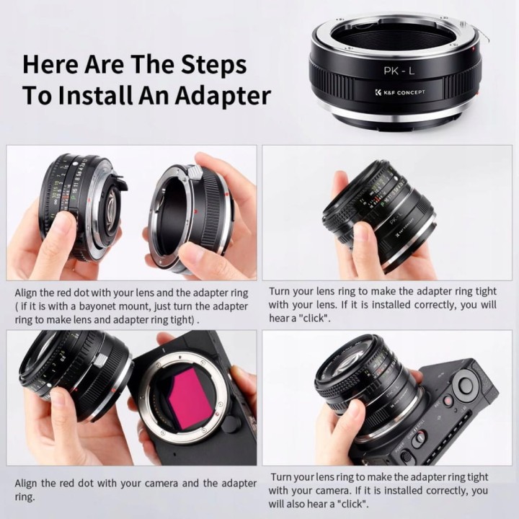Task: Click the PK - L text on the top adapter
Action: pos(399,71)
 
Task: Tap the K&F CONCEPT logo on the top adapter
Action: pos(400,92)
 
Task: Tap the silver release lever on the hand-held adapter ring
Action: pos(195,172)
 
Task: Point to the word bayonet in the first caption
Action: pos(97,306)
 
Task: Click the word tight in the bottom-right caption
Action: pos(477,477)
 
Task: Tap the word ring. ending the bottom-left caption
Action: pos(25,497)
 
